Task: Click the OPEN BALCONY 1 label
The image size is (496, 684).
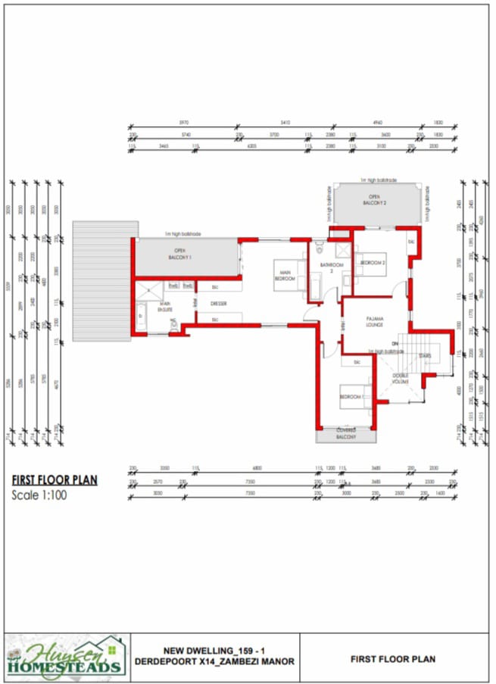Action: (180, 253)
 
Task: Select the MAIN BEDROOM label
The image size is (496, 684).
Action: (285, 276)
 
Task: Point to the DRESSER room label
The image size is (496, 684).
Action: (219, 303)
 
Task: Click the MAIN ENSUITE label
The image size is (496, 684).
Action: (164, 307)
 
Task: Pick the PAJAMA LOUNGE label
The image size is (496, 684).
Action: (376, 322)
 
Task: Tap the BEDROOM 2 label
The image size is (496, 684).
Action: (373, 263)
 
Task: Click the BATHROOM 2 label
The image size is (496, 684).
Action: (332, 267)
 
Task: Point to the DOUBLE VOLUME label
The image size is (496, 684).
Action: (400, 379)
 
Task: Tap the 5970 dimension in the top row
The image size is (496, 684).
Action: (183, 123)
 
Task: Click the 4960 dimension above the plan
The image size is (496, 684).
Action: (378, 123)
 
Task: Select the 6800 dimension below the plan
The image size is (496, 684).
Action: (257, 468)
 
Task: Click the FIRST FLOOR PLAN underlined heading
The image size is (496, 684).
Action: (55, 480)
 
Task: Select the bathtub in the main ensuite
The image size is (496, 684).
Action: (142, 314)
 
